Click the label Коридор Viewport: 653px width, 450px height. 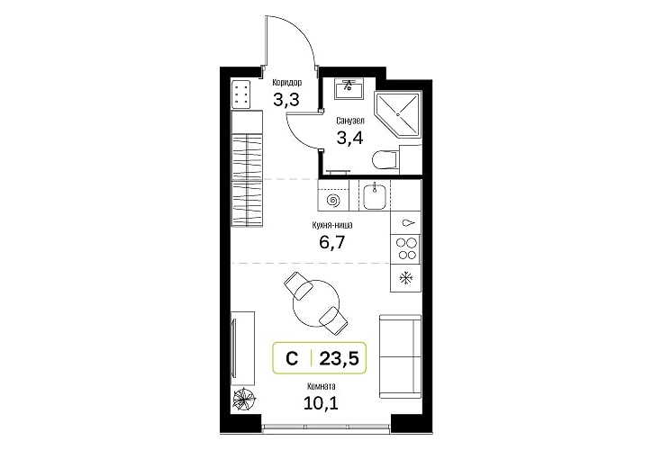click(287, 83)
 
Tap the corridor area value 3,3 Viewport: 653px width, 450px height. click(286, 100)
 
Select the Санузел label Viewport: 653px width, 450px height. click(350, 121)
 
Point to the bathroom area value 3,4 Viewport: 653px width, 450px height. click(349, 138)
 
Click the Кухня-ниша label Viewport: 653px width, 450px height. click(332, 225)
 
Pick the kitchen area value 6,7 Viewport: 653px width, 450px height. click(332, 241)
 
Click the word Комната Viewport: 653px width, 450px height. click(321, 386)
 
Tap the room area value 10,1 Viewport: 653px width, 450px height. click(321, 403)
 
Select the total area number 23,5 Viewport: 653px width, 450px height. click(339, 357)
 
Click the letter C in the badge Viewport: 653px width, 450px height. click(292, 358)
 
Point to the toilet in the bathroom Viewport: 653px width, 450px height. click(385, 159)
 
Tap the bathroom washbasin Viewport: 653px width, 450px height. click(349, 88)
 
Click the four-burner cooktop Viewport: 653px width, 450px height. click(406, 248)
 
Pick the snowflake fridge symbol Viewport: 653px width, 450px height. click(404, 278)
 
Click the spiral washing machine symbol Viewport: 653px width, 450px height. click(333, 201)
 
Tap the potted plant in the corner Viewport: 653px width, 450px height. click(245, 400)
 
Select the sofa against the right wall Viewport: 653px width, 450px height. click(400, 356)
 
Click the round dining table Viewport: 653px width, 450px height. click(315, 304)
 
